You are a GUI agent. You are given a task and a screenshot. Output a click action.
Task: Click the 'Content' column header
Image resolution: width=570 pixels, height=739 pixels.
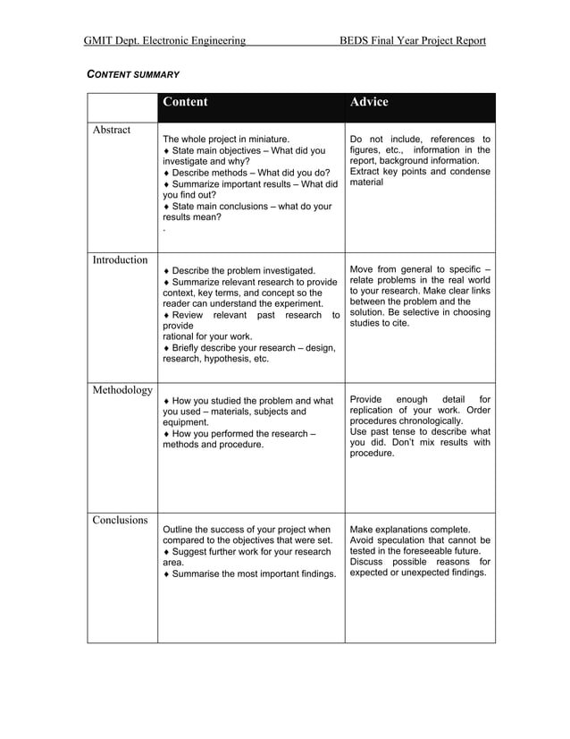(185, 102)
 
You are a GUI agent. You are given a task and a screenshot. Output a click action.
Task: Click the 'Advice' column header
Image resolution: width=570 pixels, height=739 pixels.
(369, 102)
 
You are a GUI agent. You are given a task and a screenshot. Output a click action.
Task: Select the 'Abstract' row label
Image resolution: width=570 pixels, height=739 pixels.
(112, 131)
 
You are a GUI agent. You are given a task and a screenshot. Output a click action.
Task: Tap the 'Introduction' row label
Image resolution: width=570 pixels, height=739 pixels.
(121, 260)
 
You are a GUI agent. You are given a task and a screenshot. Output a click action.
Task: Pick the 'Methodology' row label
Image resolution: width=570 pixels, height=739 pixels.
(122, 390)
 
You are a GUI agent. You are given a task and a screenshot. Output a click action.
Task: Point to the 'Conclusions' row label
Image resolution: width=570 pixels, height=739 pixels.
(121, 520)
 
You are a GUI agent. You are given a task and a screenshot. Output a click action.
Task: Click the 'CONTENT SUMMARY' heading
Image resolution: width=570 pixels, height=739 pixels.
(133, 73)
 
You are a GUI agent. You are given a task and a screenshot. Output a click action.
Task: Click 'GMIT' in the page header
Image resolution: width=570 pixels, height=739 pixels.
(101, 41)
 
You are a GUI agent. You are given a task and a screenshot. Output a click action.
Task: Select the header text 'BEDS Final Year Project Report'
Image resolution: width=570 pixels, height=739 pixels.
(413, 41)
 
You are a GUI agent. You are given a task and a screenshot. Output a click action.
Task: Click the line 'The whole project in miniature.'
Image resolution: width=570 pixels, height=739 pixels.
(226, 140)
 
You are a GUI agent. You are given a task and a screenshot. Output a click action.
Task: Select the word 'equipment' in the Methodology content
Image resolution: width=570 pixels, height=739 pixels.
(185, 422)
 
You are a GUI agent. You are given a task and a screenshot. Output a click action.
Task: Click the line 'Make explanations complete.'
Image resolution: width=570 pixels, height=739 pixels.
(410, 530)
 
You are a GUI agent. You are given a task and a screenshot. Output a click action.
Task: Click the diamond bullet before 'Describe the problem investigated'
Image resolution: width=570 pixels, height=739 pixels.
(167, 271)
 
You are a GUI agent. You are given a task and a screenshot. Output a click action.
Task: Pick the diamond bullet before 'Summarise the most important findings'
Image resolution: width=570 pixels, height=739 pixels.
(167, 573)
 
